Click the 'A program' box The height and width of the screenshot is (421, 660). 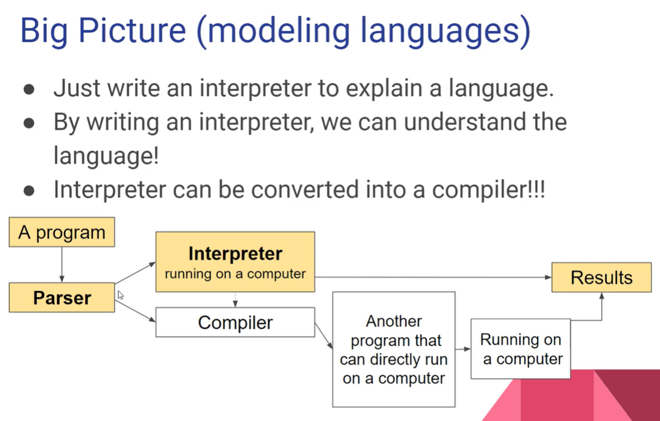click(62, 233)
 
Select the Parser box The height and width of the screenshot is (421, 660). click(62, 298)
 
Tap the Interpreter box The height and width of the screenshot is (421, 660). click(235, 262)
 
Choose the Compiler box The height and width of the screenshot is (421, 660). click(235, 322)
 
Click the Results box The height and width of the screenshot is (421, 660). click(601, 278)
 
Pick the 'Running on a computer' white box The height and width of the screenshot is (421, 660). click(521, 349)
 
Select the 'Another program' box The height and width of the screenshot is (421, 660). click(394, 349)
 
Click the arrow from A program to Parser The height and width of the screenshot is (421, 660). click(62, 265)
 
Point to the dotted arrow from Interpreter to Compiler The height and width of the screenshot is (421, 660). click(235, 299)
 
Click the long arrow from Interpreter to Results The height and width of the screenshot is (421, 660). click(432, 277)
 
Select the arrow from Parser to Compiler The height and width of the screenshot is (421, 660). click(135, 311)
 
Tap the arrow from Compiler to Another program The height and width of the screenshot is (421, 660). click(323, 335)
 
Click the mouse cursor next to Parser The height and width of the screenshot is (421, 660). click(120, 295)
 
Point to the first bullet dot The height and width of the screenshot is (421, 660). click(29, 90)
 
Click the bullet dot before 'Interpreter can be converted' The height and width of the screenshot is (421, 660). click(29, 191)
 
